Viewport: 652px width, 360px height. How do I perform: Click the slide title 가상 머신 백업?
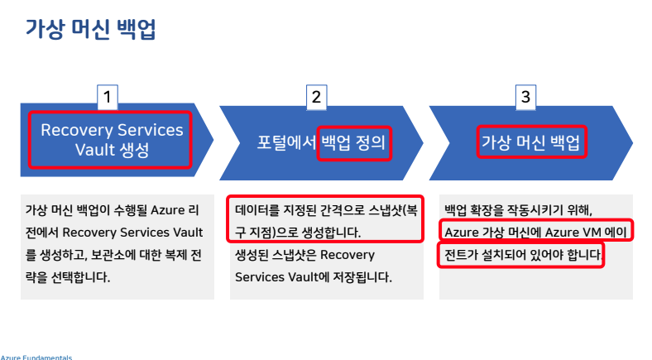[90, 31]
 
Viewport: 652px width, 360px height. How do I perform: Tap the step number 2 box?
[315, 97]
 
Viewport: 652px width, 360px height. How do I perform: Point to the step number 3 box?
[525, 97]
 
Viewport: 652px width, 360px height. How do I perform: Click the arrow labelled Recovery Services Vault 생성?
[112, 140]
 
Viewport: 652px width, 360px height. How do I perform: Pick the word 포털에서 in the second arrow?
[286, 142]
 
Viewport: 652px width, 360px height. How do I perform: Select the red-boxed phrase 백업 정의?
[353, 142]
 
